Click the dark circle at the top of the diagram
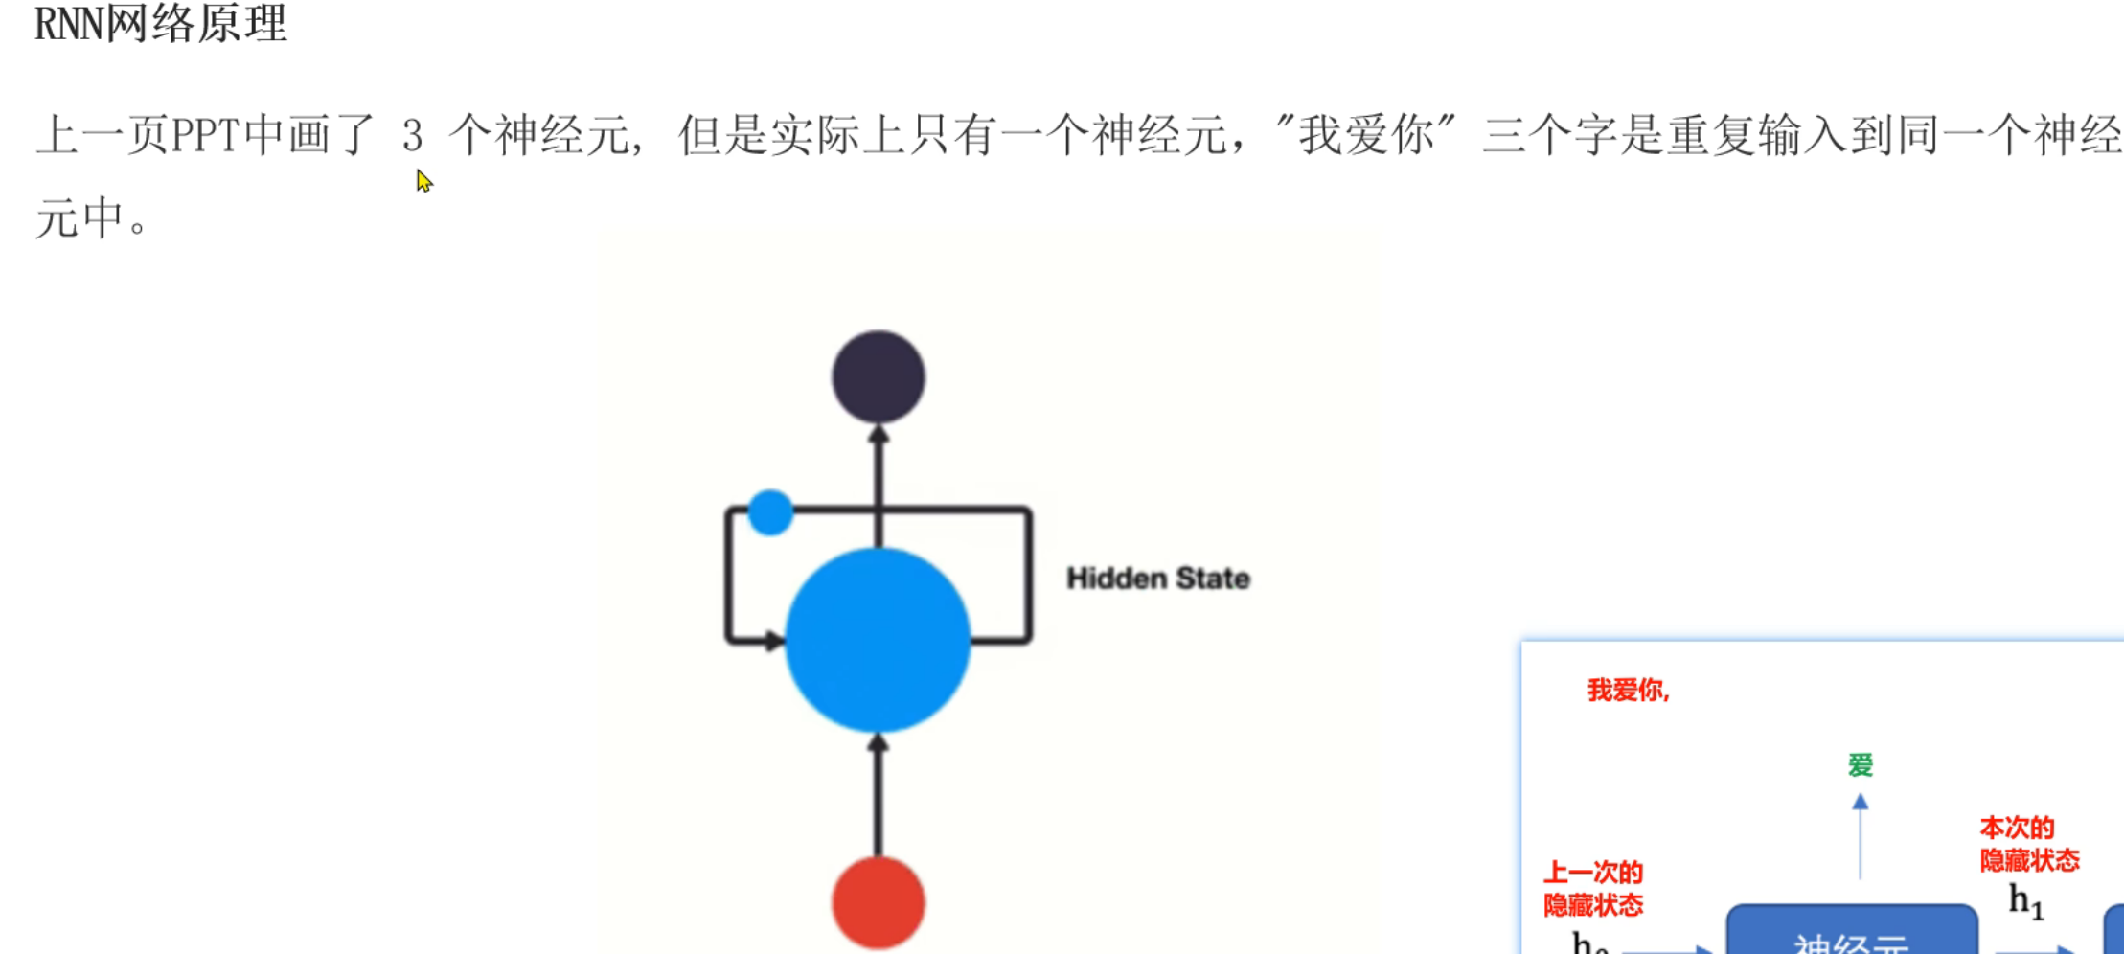coord(878,376)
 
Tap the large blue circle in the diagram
coord(878,640)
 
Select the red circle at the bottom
coord(878,902)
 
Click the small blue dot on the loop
coord(770,512)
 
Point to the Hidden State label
coord(1157,579)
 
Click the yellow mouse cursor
coord(423,180)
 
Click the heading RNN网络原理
coord(161,23)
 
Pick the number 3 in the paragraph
coord(412,135)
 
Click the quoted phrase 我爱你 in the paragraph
coord(1365,135)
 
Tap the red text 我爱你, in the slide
coord(1628,690)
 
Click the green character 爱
coord(1860,765)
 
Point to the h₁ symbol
coord(2025,900)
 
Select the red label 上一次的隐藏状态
coord(1593,889)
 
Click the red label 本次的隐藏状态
coord(2029,844)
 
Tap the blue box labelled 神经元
coord(1851,934)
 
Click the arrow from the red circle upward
coord(878,795)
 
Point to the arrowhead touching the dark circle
coord(878,436)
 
